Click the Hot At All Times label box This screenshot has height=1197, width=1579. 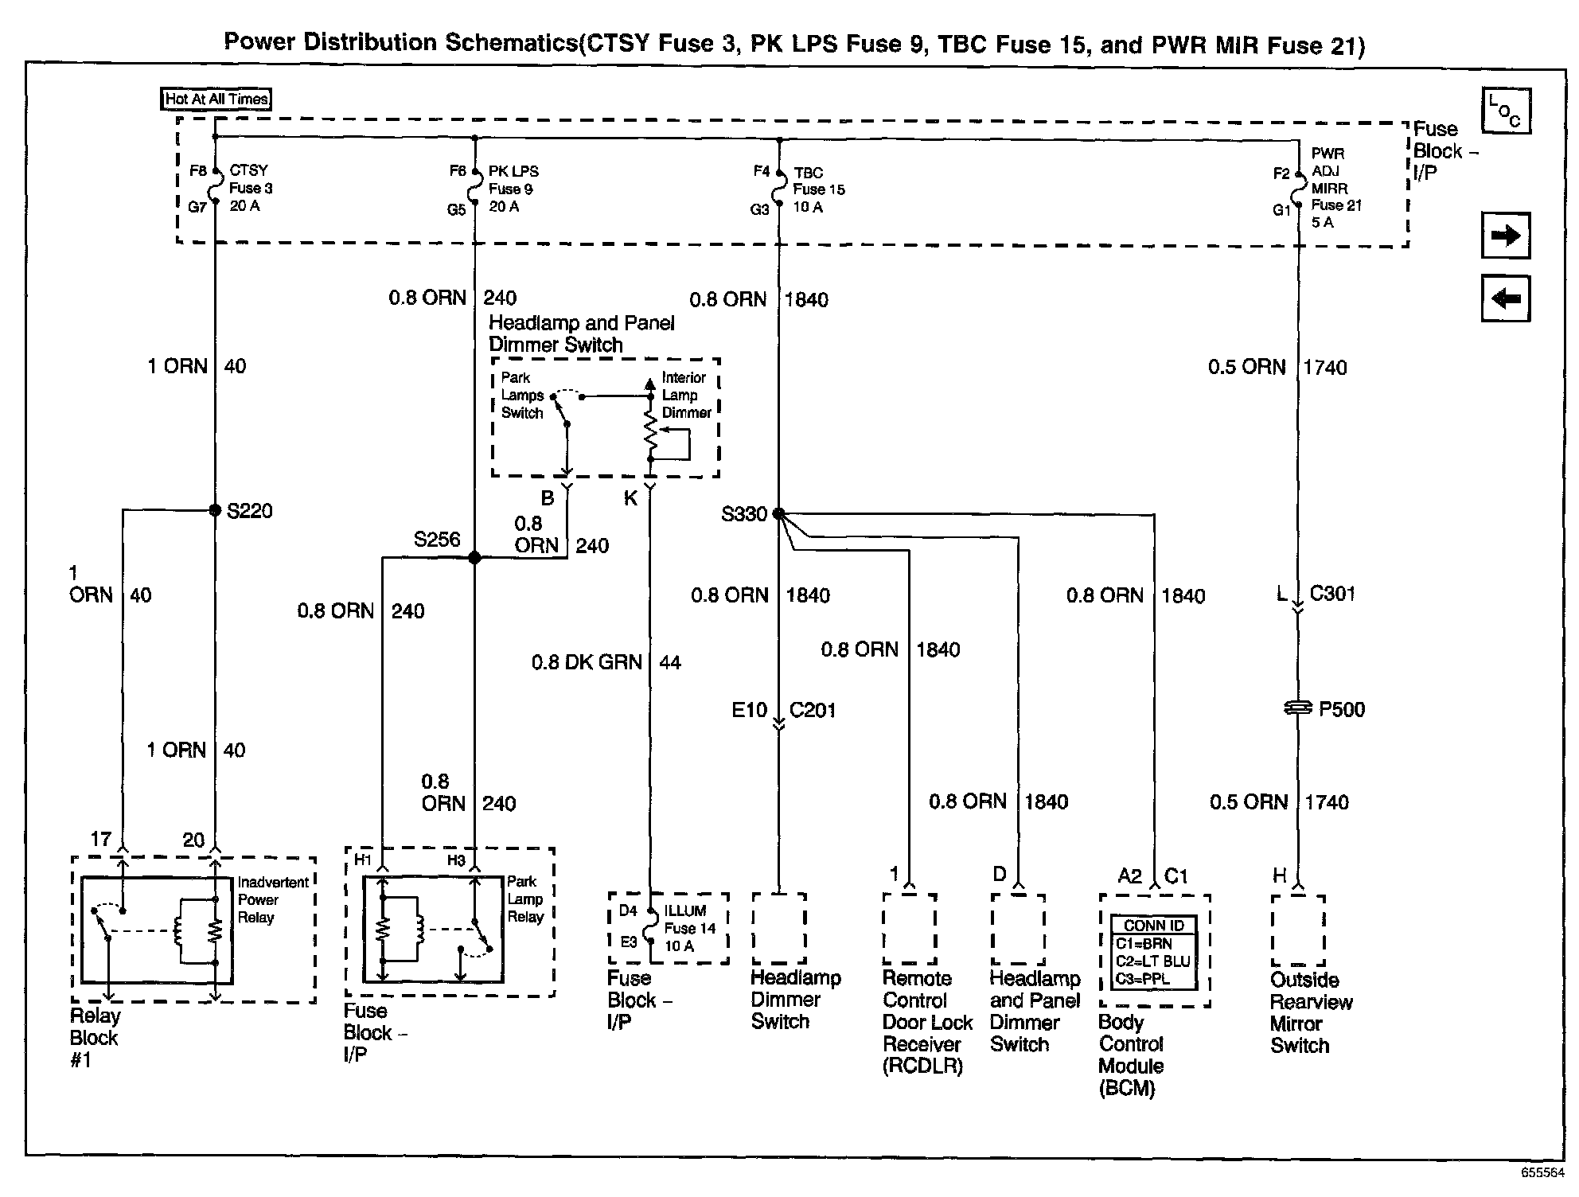click(216, 99)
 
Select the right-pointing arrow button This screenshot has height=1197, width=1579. click(1505, 236)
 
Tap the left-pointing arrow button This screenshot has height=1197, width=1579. click(1505, 299)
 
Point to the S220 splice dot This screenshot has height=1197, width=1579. click(215, 510)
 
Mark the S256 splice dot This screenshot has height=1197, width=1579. click(474, 558)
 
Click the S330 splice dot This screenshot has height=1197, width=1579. click(778, 514)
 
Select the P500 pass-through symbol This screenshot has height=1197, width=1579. click(1298, 708)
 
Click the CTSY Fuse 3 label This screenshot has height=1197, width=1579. click(250, 188)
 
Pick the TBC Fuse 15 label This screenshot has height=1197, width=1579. click(818, 189)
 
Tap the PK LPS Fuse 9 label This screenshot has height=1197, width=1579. click(513, 189)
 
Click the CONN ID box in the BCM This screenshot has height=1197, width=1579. click(1154, 952)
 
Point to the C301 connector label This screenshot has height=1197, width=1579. click(1332, 594)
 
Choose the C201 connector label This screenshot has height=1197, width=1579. click(812, 710)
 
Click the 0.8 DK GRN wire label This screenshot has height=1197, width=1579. click(587, 662)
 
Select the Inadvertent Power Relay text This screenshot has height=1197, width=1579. click(272, 900)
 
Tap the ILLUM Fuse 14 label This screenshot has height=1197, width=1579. click(689, 928)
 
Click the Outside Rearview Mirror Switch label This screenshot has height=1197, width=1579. click(1310, 1012)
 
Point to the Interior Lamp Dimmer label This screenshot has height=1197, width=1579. click(686, 396)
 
